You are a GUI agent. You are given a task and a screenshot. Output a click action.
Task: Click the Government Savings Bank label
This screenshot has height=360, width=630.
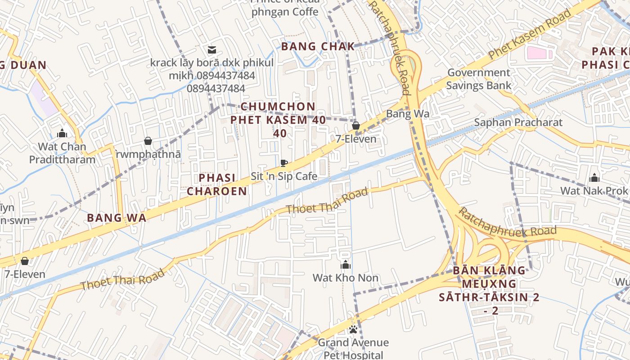479,79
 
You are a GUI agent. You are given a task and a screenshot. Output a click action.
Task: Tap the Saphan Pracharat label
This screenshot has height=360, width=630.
518,122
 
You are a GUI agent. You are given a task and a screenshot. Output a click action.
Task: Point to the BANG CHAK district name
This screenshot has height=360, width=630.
318,46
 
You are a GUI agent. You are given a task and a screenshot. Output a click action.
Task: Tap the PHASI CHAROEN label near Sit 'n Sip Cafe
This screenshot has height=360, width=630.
217,184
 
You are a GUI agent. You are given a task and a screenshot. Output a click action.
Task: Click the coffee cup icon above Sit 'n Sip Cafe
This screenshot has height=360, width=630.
283,163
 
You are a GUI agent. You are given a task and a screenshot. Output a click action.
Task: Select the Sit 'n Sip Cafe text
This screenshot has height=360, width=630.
283,176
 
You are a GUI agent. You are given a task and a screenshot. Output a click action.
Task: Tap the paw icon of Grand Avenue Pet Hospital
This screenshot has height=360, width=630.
353,330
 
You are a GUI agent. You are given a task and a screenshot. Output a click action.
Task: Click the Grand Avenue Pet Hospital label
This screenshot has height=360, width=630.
353,349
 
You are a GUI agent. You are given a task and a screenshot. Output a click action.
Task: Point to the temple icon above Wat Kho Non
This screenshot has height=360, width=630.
345,265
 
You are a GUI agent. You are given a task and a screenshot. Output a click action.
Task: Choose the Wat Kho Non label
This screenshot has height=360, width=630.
345,278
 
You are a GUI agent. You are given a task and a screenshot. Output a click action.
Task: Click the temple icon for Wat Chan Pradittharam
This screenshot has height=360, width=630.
62,133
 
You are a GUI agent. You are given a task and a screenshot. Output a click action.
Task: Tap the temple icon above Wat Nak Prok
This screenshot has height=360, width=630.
594,178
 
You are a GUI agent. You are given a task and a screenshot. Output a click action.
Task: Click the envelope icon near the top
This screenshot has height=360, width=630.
211,49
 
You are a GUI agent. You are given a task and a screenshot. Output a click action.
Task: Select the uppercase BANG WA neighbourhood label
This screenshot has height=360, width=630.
117,218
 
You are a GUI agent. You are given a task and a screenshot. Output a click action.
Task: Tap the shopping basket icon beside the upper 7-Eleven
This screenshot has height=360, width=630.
355,126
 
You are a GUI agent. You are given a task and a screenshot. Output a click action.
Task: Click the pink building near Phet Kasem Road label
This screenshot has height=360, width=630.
539,53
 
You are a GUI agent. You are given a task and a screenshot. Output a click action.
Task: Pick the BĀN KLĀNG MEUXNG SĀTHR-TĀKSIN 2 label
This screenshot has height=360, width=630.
489,290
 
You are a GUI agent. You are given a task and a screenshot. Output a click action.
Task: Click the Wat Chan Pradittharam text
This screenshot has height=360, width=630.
62,153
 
